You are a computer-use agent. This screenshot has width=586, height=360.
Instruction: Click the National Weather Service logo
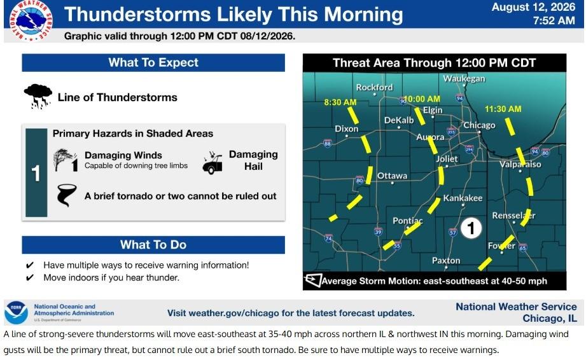(31, 20)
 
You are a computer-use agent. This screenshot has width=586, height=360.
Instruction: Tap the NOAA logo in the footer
(16, 312)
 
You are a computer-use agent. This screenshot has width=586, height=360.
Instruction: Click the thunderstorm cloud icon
(38, 96)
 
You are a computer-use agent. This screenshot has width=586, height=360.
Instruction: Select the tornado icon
(66, 195)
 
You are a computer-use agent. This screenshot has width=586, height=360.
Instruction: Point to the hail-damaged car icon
(213, 162)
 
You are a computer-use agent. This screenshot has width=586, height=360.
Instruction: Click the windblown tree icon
(66, 160)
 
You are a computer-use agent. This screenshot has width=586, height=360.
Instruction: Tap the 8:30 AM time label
(340, 102)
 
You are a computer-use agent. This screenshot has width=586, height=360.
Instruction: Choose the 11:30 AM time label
(503, 109)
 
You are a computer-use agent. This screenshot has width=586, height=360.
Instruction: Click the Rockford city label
(374, 87)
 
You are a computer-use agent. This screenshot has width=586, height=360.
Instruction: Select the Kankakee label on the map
(463, 198)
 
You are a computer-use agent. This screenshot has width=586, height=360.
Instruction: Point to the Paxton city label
(446, 260)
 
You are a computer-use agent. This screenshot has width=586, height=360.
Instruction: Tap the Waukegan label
(464, 78)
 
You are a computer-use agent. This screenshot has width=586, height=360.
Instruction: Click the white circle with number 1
(471, 228)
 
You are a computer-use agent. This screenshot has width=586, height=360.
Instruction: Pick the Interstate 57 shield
(452, 232)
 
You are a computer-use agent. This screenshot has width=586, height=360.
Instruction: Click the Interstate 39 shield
(378, 232)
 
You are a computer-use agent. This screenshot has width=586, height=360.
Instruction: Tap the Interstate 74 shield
(328, 238)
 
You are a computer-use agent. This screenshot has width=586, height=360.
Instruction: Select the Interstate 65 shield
(522, 247)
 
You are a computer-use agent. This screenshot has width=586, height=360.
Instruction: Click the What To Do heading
(153, 245)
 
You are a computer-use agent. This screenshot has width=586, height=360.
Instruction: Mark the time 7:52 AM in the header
(554, 20)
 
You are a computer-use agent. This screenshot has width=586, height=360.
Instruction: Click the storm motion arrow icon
(313, 280)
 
